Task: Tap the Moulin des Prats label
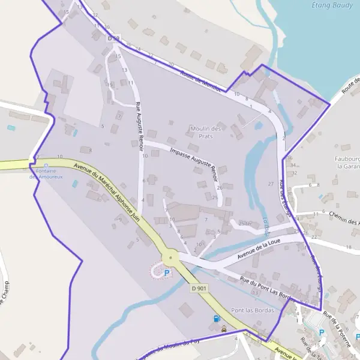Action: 206,132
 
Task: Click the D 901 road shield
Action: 199,289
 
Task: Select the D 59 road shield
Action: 113,38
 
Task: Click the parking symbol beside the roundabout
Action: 167,272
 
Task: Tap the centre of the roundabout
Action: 172,258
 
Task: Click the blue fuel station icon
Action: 216,319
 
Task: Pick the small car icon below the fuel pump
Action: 223,328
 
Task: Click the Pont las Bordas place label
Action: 252,310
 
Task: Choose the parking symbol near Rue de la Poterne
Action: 321,332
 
